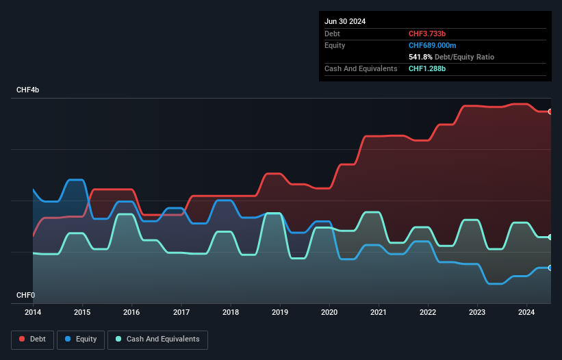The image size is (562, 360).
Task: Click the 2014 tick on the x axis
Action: [x=33, y=312]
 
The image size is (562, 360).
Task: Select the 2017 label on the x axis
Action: [x=181, y=312]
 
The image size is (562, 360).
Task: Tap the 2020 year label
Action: [x=330, y=312]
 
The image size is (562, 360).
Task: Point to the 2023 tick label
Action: [x=478, y=312]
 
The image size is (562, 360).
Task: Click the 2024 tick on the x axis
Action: [x=527, y=312]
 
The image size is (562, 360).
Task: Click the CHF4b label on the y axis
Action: [x=28, y=90]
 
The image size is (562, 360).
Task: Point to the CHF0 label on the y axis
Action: [x=25, y=295]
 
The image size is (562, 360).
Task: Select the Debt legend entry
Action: [x=31, y=339]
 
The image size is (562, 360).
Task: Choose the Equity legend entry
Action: [x=81, y=339]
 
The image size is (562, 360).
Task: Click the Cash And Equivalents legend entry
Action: [x=157, y=339]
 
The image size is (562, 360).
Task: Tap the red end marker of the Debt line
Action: [x=550, y=112]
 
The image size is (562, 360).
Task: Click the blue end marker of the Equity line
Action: [x=550, y=268]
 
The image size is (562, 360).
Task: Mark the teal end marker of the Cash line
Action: [x=550, y=237]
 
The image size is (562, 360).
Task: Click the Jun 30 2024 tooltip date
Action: [x=345, y=21]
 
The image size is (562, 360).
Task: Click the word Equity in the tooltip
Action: [x=335, y=45]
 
